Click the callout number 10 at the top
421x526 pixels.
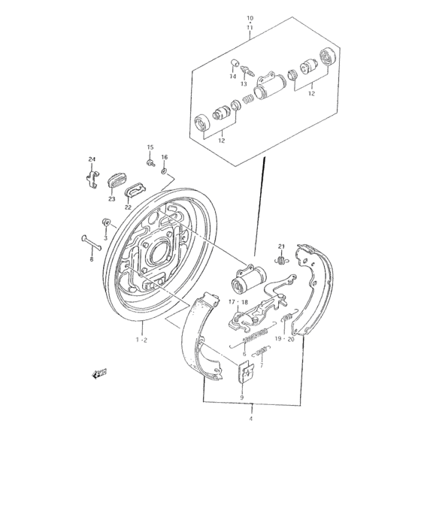coord(250,17)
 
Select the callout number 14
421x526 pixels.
coord(233,77)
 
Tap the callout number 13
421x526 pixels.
coord(244,84)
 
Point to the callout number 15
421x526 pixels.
coord(150,147)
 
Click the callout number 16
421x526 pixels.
coord(164,157)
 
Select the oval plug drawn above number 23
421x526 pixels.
coord(117,181)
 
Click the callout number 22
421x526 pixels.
coord(128,207)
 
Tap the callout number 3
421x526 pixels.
coord(105,237)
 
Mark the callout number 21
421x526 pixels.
coord(282,247)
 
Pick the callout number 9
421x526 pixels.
coord(243,397)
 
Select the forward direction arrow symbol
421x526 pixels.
coord(98,373)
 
